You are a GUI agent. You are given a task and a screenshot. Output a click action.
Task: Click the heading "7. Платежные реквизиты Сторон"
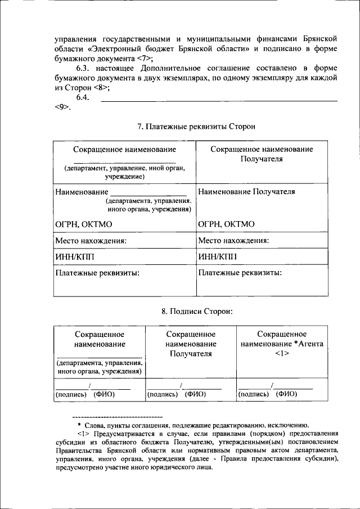(196, 127)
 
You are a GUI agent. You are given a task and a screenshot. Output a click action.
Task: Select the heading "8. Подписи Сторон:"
(196, 310)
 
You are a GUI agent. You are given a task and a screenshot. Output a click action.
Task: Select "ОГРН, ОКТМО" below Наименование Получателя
(226, 224)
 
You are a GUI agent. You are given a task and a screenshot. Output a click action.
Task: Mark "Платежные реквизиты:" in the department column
(97, 273)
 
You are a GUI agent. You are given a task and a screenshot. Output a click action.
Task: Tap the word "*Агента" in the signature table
(308, 344)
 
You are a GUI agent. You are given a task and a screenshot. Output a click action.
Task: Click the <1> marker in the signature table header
(282, 353)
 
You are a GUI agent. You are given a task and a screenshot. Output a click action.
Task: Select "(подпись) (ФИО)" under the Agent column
(268, 394)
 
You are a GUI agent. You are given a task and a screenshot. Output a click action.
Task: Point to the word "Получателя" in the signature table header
(190, 354)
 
